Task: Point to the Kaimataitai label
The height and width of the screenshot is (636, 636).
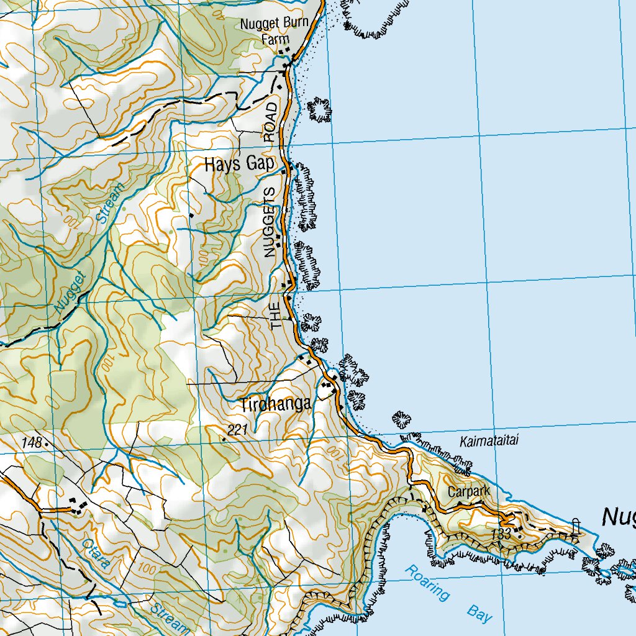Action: point(489,442)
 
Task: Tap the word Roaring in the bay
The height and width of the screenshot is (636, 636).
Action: point(427,583)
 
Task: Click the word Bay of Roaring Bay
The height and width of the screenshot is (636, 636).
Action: point(479,614)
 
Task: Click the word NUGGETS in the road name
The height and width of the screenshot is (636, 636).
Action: point(269,222)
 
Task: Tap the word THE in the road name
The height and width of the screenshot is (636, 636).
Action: point(276,315)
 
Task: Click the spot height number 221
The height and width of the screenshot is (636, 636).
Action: point(237,430)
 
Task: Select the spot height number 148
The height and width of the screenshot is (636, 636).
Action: point(32,443)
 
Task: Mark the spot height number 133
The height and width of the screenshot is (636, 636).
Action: point(500,534)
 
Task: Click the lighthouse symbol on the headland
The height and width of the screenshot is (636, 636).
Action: point(575,527)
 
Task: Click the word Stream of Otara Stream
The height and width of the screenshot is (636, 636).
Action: point(168,616)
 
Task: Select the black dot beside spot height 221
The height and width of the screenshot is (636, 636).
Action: point(224,439)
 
